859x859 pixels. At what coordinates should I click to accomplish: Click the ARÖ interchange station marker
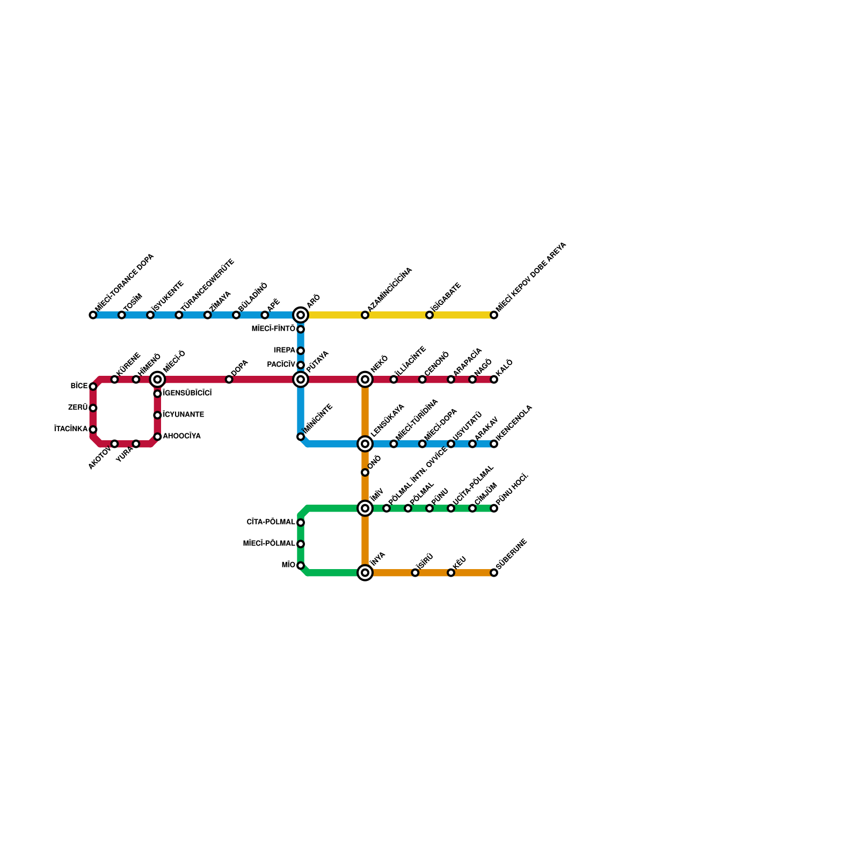click(x=301, y=315)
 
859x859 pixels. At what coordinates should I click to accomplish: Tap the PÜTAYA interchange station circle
click(x=301, y=380)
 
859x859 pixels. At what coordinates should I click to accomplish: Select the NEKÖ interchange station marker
click(x=365, y=380)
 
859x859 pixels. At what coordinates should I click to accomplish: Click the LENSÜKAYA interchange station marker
click(x=365, y=444)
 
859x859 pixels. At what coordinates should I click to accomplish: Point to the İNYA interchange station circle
click(x=365, y=573)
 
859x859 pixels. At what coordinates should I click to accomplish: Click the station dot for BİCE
click(x=93, y=387)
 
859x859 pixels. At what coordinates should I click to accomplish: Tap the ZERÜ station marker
click(x=93, y=408)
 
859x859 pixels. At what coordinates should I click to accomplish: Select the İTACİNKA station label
click(x=71, y=429)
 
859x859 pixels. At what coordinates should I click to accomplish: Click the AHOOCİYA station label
click(x=181, y=436)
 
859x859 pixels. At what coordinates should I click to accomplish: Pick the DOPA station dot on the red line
click(x=229, y=380)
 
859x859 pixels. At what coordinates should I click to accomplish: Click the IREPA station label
click(x=285, y=351)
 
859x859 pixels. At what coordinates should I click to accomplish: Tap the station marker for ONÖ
click(x=365, y=472)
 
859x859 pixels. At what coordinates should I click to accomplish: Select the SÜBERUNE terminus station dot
click(x=494, y=573)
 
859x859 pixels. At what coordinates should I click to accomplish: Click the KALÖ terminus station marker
click(x=494, y=380)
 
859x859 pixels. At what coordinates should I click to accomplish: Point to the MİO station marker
click(x=301, y=565)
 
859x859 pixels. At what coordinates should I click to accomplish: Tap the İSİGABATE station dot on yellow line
click(x=429, y=315)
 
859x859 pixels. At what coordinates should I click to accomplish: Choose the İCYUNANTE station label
click(x=183, y=415)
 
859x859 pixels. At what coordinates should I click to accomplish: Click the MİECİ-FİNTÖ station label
click(x=273, y=329)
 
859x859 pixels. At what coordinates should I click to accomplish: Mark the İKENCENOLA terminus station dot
click(x=494, y=444)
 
